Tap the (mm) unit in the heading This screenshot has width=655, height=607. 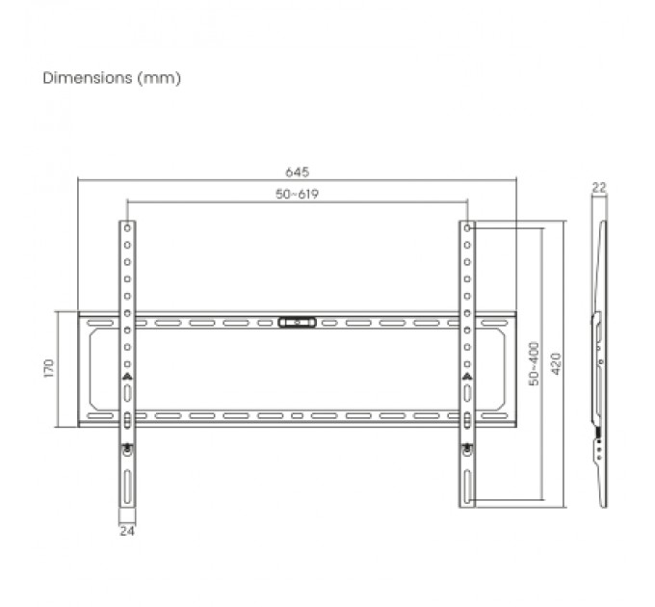160,78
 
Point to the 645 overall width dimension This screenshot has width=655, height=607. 297,172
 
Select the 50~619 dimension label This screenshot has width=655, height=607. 297,194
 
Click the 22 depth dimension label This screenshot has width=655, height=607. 599,188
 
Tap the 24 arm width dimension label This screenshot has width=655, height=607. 126,530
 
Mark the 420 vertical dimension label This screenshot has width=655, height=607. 556,364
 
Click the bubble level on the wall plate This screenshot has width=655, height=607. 297,322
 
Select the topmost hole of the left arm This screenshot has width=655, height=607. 127,229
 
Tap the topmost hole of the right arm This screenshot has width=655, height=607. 467,229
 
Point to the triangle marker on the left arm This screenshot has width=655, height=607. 127,377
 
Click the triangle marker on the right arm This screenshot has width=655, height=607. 467,377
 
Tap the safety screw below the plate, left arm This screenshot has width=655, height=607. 127,447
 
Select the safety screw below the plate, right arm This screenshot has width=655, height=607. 467,447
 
